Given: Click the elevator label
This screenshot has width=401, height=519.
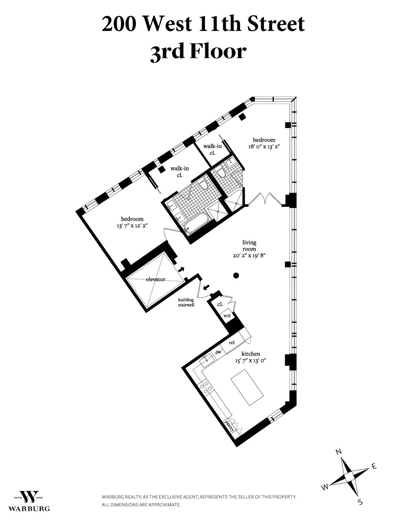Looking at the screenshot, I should click(x=155, y=279).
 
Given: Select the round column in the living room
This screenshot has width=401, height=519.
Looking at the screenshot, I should click(x=236, y=275).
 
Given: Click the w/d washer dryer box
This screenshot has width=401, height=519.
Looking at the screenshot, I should click(x=227, y=315).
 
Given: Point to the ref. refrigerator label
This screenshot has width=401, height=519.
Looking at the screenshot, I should click(x=232, y=343).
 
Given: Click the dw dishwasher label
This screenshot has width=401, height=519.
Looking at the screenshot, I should click(x=218, y=352).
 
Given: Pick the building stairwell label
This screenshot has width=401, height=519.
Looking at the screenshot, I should click(x=186, y=302).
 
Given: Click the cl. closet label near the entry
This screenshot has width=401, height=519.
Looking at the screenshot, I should click(x=220, y=304).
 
